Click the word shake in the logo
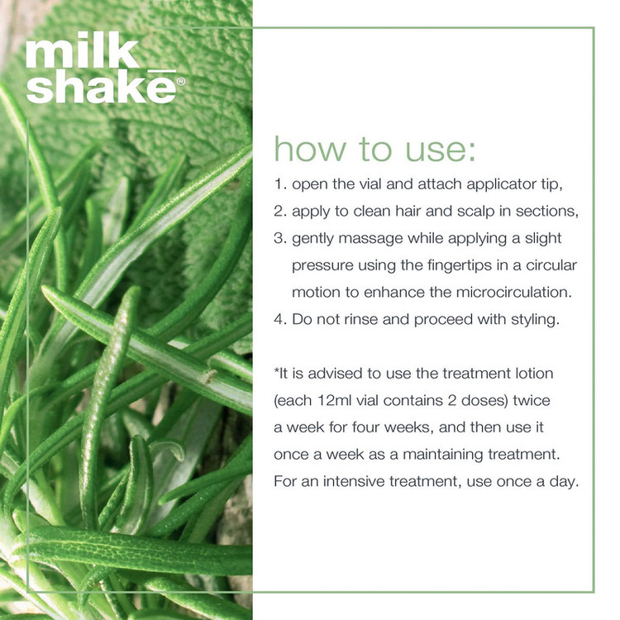pyautogui.click(x=101, y=87)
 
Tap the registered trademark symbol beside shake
pyautogui.click(x=181, y=82)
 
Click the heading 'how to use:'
pyautogui.click(x=374, y=149)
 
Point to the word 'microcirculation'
pyautogui.click(x=513, y=293)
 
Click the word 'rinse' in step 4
pyautogui.click(x=361, y=319)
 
